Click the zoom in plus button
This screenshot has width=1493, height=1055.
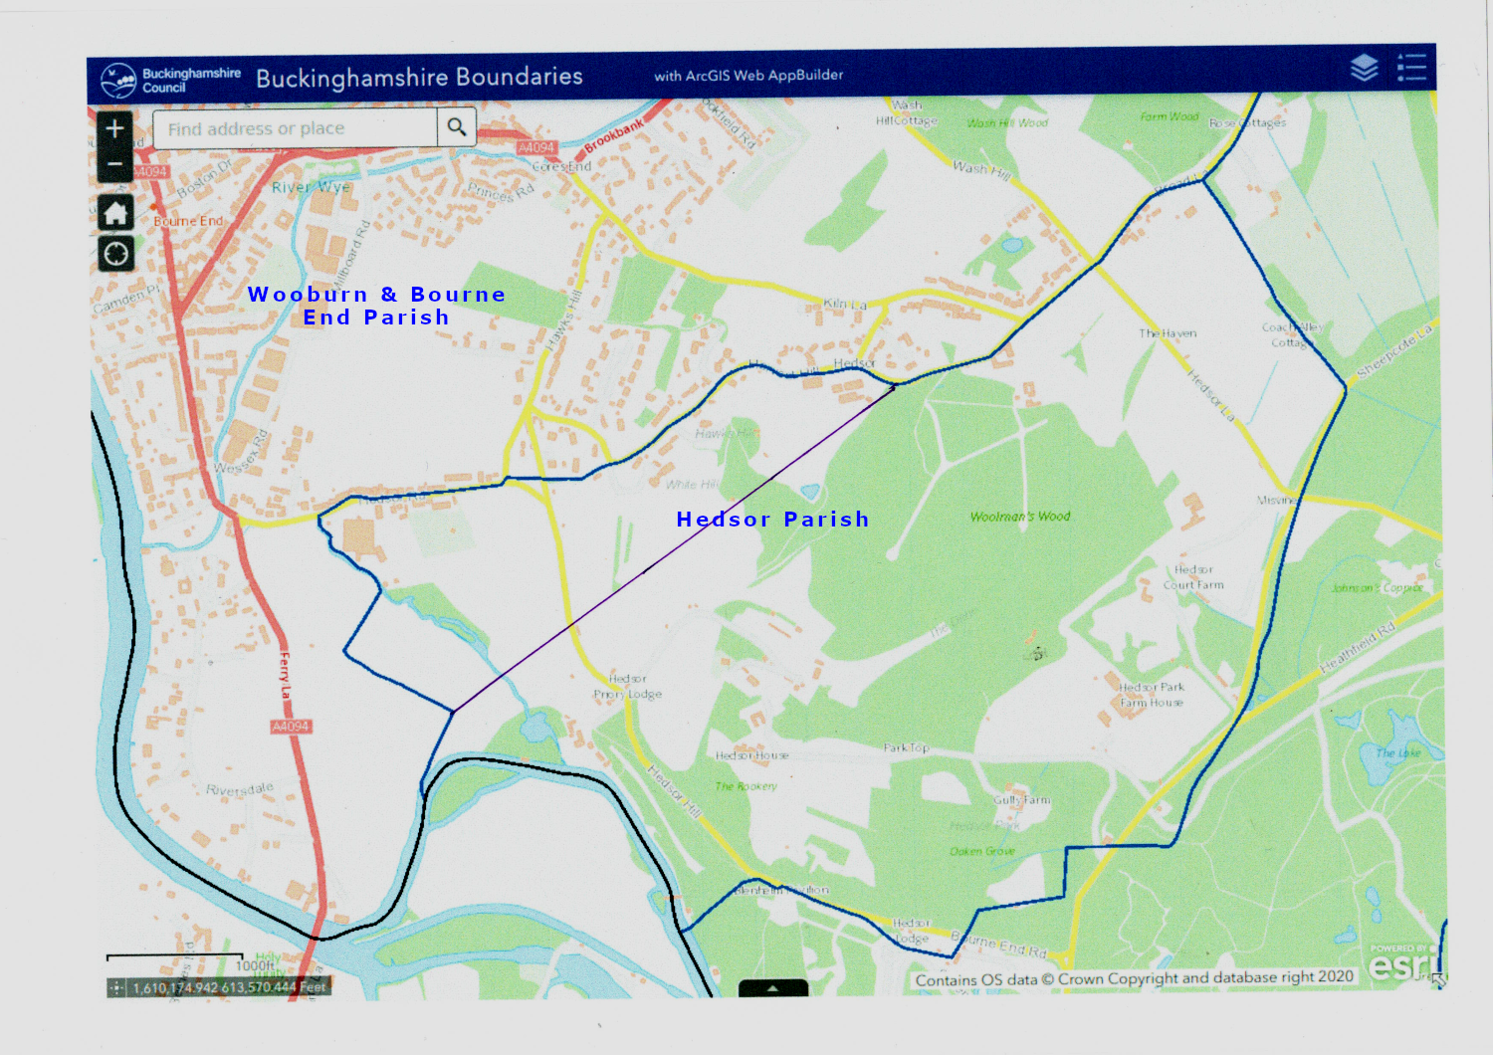[x=115, y=128]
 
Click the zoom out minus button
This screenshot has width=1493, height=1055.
[x=115, y=164]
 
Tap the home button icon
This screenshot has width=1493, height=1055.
[x=115, y=212]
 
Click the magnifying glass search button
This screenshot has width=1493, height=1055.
[x=457, y=127]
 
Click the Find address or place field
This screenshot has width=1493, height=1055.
[x=295, y=128]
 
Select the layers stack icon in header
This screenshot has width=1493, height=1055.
[x=1364, y=68]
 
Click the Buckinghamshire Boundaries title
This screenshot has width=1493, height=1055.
[x=419, y=77]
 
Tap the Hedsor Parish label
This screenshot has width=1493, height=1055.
[x=772, y=519]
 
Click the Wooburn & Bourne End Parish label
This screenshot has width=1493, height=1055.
[x=376, y=306]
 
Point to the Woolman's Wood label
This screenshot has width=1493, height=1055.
[x=1020, y=517]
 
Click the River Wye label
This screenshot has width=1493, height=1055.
[x=311, y=187]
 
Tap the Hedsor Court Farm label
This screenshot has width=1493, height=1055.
[x=1193, y=577]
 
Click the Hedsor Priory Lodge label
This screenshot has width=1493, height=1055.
[x=627, y=687]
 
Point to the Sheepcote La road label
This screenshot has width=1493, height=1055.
[x=1393, y=351]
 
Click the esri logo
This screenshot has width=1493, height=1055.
[x=1403, y=963]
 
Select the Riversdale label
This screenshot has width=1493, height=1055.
[x=239, y=789]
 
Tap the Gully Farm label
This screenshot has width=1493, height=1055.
[x=1021, y=799]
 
